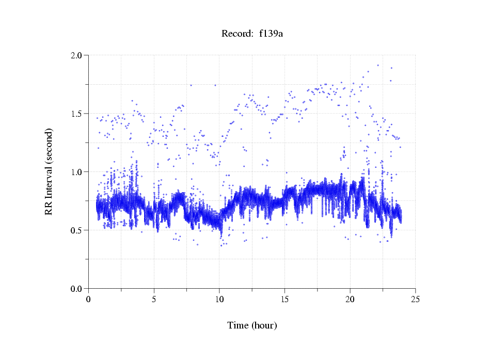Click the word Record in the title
pos(235,34)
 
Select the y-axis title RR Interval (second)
pos(49,171)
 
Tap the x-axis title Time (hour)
pos(252,325)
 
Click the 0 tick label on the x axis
pos(88,299)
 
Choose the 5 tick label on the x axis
pos(154,299)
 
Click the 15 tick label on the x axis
pos(284,299)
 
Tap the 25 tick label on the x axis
pos(415,299)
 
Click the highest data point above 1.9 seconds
pos(378,65)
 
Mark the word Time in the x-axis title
pos(238,325)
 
